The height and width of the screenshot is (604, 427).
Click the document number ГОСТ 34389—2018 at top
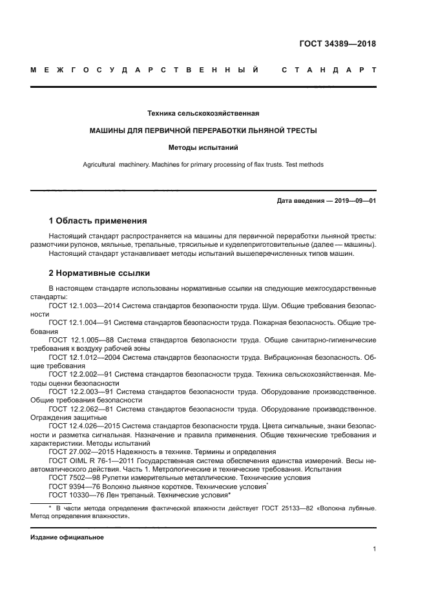click(x=337, y=45)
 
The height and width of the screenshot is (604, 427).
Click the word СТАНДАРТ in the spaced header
click(x=329, y=70)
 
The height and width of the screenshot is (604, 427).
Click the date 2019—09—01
click(x=354, y=201)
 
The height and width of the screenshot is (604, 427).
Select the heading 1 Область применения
click(x=98, y=221)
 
